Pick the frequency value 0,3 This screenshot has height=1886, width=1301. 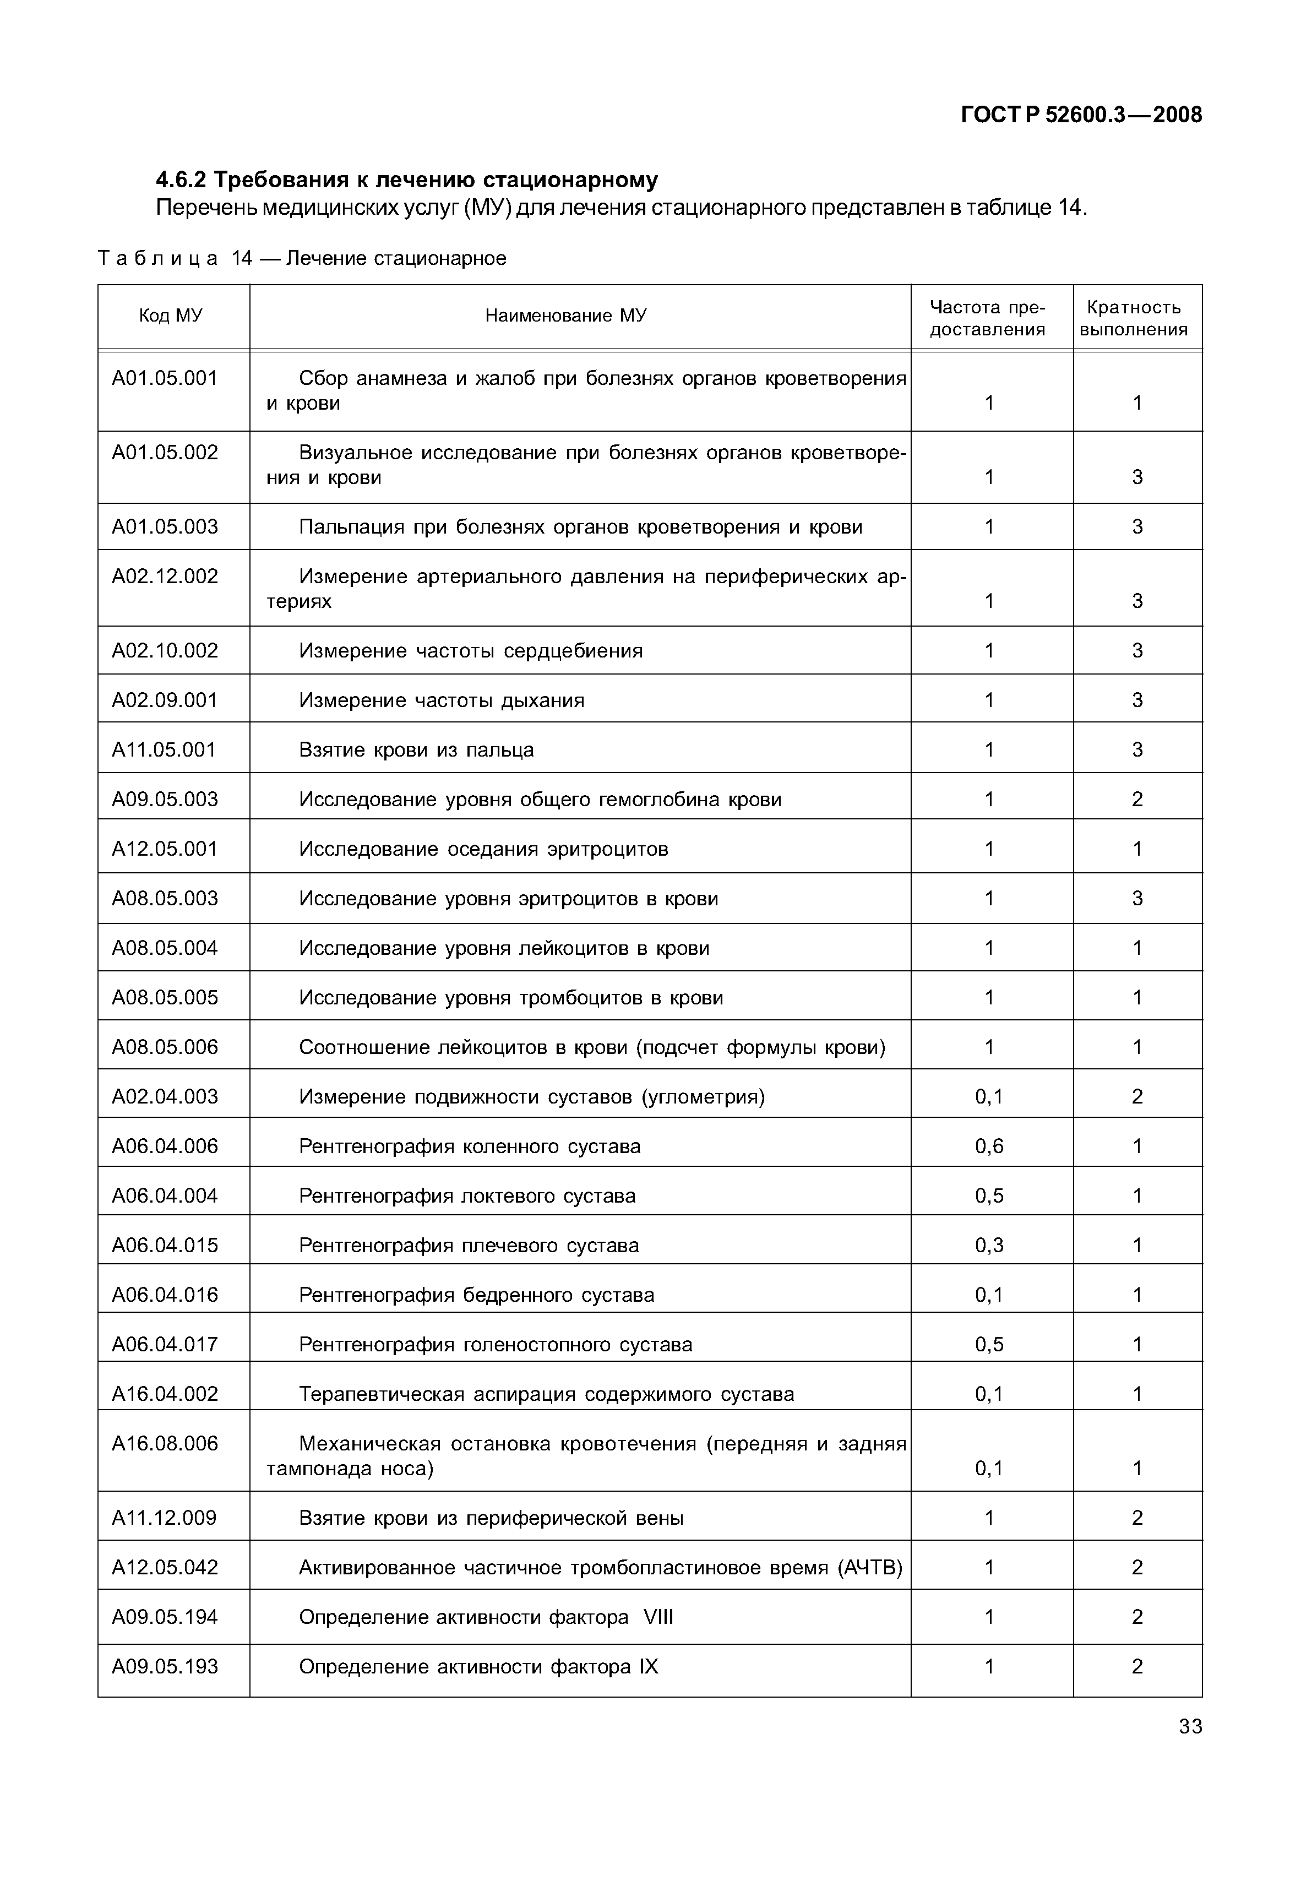[x=989, y=1246]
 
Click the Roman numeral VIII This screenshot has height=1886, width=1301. [x=658, y=1617]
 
